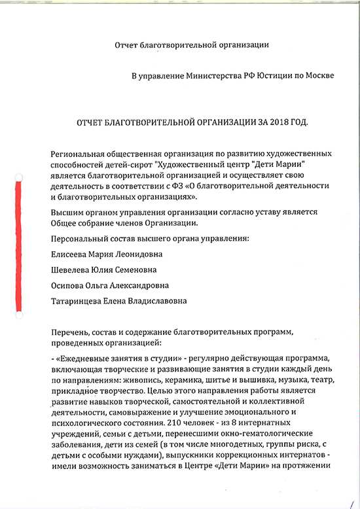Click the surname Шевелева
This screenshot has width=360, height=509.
[73, 270]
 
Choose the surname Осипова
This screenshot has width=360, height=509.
[69, 285]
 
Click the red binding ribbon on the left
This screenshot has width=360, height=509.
[19, 246]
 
